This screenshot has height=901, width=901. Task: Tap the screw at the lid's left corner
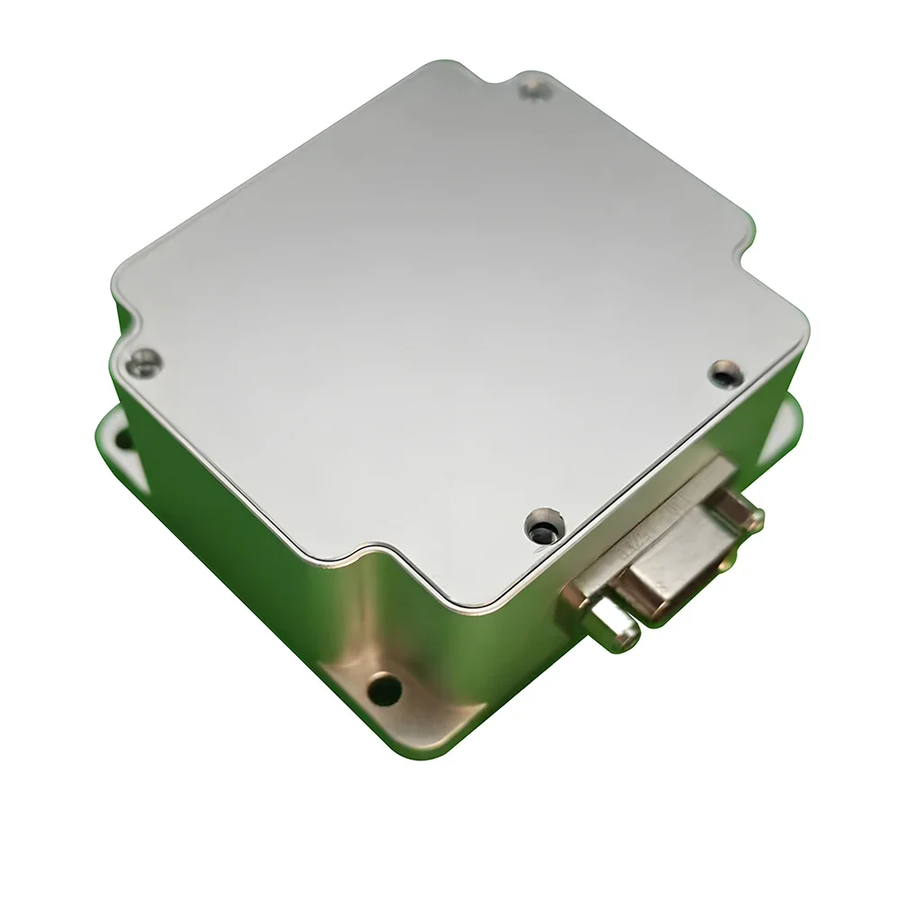pos(142,363)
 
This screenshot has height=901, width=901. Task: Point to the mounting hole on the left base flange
pos(120,439)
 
